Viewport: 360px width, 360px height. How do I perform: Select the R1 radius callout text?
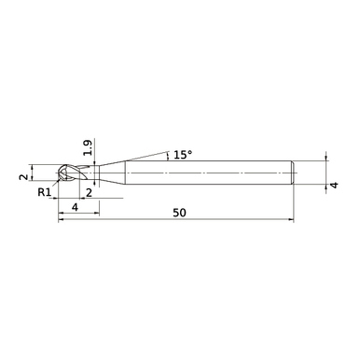coord(44,193)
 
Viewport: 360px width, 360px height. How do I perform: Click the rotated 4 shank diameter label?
coord(333,186)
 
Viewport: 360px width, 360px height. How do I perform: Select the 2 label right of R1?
coord(89,192)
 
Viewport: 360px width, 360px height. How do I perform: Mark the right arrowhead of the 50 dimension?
coord(291,222)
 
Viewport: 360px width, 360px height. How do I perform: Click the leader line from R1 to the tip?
coord(55,186)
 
